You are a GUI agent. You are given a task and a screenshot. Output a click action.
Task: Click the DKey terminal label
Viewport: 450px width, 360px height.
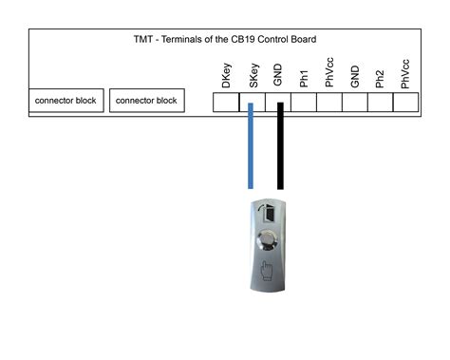(x=227, y=77)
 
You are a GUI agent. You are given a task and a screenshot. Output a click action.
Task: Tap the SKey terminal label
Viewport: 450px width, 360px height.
(x=253, y=77)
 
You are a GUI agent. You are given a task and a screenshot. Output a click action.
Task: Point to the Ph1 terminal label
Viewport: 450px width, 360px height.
(x=304, y=79)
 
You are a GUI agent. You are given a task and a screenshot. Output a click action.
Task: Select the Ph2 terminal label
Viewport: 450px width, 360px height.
(x=380, y=79)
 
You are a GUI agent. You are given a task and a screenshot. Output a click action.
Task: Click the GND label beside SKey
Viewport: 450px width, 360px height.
(x=278, y=77)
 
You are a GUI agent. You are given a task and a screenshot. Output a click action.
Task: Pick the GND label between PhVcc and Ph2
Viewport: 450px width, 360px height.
(x=354, y=77)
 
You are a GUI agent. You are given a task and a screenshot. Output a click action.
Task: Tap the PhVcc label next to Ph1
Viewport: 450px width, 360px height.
(x=328, y=75)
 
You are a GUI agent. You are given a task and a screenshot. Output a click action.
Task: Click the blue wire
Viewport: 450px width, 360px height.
(x=251, y=152)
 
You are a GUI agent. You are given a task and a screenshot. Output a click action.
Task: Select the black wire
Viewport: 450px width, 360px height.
(x=280, y=152)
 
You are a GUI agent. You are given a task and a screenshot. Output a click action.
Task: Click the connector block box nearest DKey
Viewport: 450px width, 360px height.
(x=147, y=101)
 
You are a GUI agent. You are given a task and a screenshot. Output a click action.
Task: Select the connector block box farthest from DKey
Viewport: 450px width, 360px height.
(x=66, y=101)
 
